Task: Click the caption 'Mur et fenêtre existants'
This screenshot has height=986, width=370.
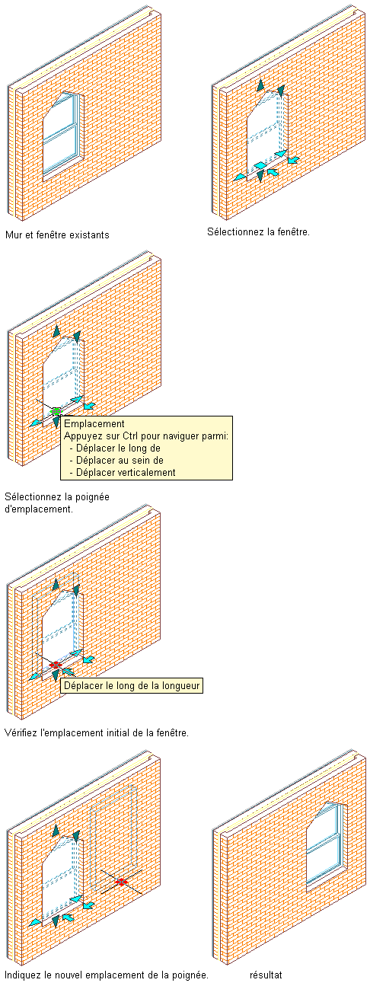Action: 57,235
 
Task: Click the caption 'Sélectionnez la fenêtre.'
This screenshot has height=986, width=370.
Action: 259,231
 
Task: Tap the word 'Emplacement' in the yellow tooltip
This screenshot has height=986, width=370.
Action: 94,424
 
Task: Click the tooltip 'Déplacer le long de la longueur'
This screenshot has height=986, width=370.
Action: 132,686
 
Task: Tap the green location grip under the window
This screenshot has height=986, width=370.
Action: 56,412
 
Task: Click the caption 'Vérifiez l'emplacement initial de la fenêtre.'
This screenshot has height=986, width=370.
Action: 97,733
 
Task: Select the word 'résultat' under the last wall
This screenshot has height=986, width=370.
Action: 266,975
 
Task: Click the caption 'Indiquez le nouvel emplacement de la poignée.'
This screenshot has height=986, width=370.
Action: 107,975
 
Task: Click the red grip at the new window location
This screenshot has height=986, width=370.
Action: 121,882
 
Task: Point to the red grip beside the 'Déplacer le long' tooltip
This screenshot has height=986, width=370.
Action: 55,665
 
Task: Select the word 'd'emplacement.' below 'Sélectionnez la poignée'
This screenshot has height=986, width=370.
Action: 39,509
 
